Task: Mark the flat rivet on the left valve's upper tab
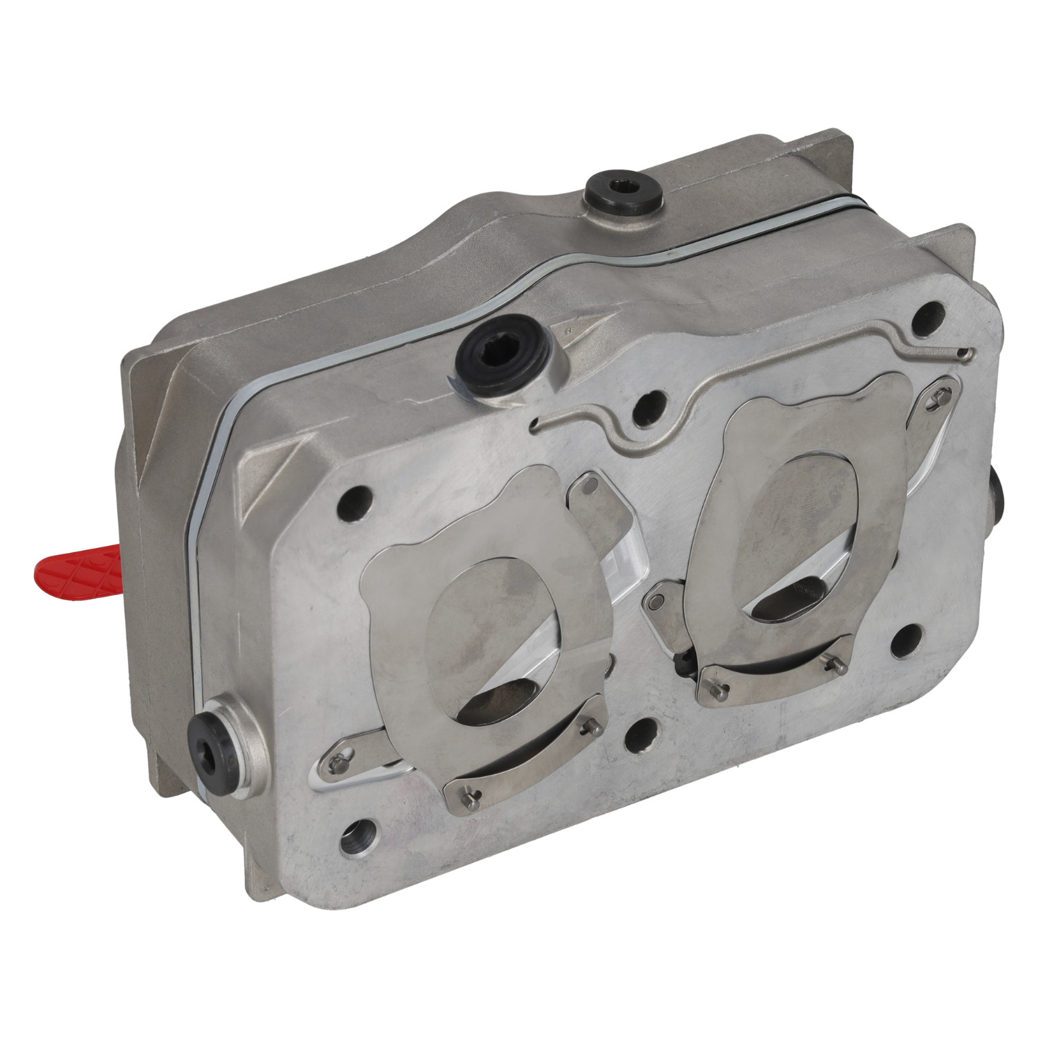588,485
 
